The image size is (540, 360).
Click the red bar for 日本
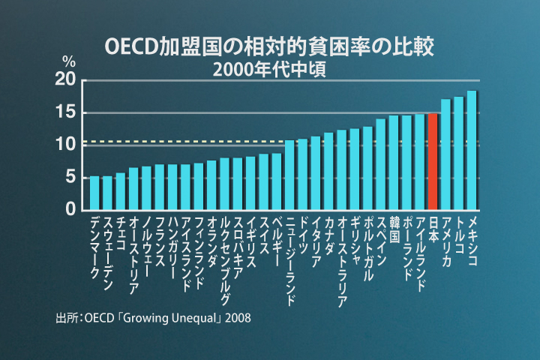click(x=433, y=161)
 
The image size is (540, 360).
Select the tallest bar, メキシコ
click(x=472, y=150)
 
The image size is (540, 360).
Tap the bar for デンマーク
click(x=94, y=193)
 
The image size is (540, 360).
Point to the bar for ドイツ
click(x=302, y=174)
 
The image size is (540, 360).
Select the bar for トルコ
click(x=458, y=153)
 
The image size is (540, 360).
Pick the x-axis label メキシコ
click(x=472, y=236)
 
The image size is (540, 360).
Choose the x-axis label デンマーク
click(x=94, y=247)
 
